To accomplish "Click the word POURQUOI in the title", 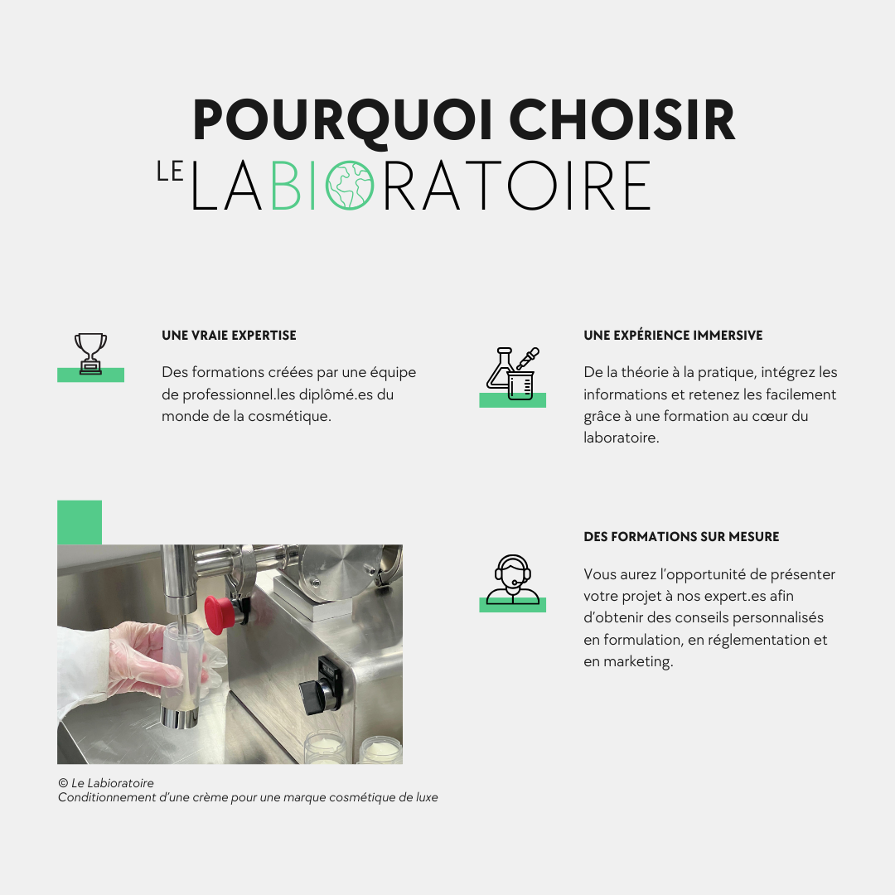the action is pyautogui.click(x=342, y=120).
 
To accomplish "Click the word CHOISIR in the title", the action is pyautogui.click(x=622, y=119).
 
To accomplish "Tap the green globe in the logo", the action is pyautogui.click(x=350, y=186).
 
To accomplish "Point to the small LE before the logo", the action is pyautogui.click(x=170, y=172).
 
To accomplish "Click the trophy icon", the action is pyautogui.click(x=91, y=354).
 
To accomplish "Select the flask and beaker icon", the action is pyautogui.click(x=513, y=373).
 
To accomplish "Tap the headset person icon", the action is pyautogui.click(x=513, y=579).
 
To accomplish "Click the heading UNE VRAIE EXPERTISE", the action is pyautogui.click(x=229, y=336).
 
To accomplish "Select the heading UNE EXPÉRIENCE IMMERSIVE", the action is pyautogui.click(x=673, y=335).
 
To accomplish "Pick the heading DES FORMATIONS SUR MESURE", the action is pyautogui.click(x=681, y=536).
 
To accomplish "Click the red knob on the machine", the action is pyautogui.click(x=219, y=615).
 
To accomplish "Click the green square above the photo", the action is pyautogui.click(x=80, y=522).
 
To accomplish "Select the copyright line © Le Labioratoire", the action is pyautogui.click(x=105, y=783).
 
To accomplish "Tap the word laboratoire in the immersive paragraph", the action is pyautogui.click(x=621, y=438).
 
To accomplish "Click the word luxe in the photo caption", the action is pyautogui.click(x=427, y=797).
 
